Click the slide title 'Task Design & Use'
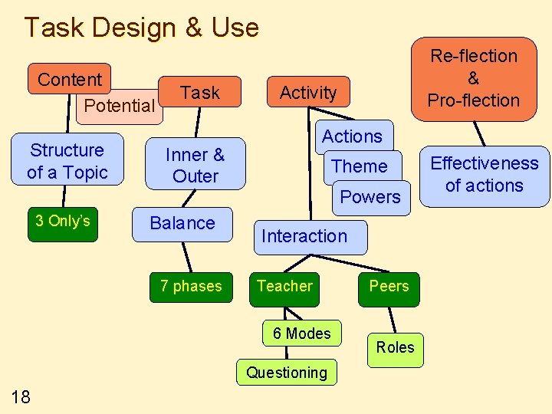tap(141, 28)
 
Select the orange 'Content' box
tap(69, 79)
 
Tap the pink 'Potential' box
tap(119, 107)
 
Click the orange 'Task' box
tap(200, 93)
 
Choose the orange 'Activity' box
tap(307, 93)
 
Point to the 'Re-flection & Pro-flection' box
tap(473, 78)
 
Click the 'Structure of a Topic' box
tap(67, 161)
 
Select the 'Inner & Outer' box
tap(195, 165)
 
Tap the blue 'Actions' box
tap(352, 136)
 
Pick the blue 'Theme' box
tap(360, 166)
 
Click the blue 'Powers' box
tap(370, 197)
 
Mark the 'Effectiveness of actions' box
tap(484, 175)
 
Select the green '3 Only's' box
tap(63, 222)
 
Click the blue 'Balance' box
tap(182, 224)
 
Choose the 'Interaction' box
tap(304, 237)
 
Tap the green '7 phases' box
tap(191, 287)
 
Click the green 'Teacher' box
tap(284, 287)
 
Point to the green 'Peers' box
tap(389, 287)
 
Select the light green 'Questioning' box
tap(286, 373)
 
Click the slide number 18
tap(21, 396)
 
